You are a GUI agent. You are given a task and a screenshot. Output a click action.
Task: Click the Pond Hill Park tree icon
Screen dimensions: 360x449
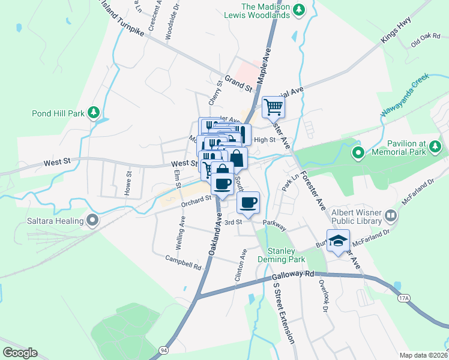click(93, 112)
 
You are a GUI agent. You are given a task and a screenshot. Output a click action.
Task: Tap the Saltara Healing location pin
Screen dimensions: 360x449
click(92, 221)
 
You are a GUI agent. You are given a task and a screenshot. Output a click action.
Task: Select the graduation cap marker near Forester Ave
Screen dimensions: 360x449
click(338, 241)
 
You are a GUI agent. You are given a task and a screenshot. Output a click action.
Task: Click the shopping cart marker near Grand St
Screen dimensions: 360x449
click(273, 107)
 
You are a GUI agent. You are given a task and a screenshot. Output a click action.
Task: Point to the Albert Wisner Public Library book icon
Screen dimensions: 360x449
click(391, 215)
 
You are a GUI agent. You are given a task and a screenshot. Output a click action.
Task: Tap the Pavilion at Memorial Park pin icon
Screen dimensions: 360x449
click(358, 152)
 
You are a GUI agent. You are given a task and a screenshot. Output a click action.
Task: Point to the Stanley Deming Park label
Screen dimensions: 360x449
click(282, 255)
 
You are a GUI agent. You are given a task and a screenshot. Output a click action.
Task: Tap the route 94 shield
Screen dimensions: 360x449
click(163, 349)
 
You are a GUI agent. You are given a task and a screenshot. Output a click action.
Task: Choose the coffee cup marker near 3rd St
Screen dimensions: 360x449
click(247, 202)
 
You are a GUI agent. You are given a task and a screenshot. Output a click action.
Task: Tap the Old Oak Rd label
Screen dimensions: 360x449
click(426, 41)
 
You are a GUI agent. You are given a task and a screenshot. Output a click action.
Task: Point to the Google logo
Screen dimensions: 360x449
click(20, 353)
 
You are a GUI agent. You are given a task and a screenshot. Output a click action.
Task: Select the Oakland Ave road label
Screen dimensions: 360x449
click(215, 237)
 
